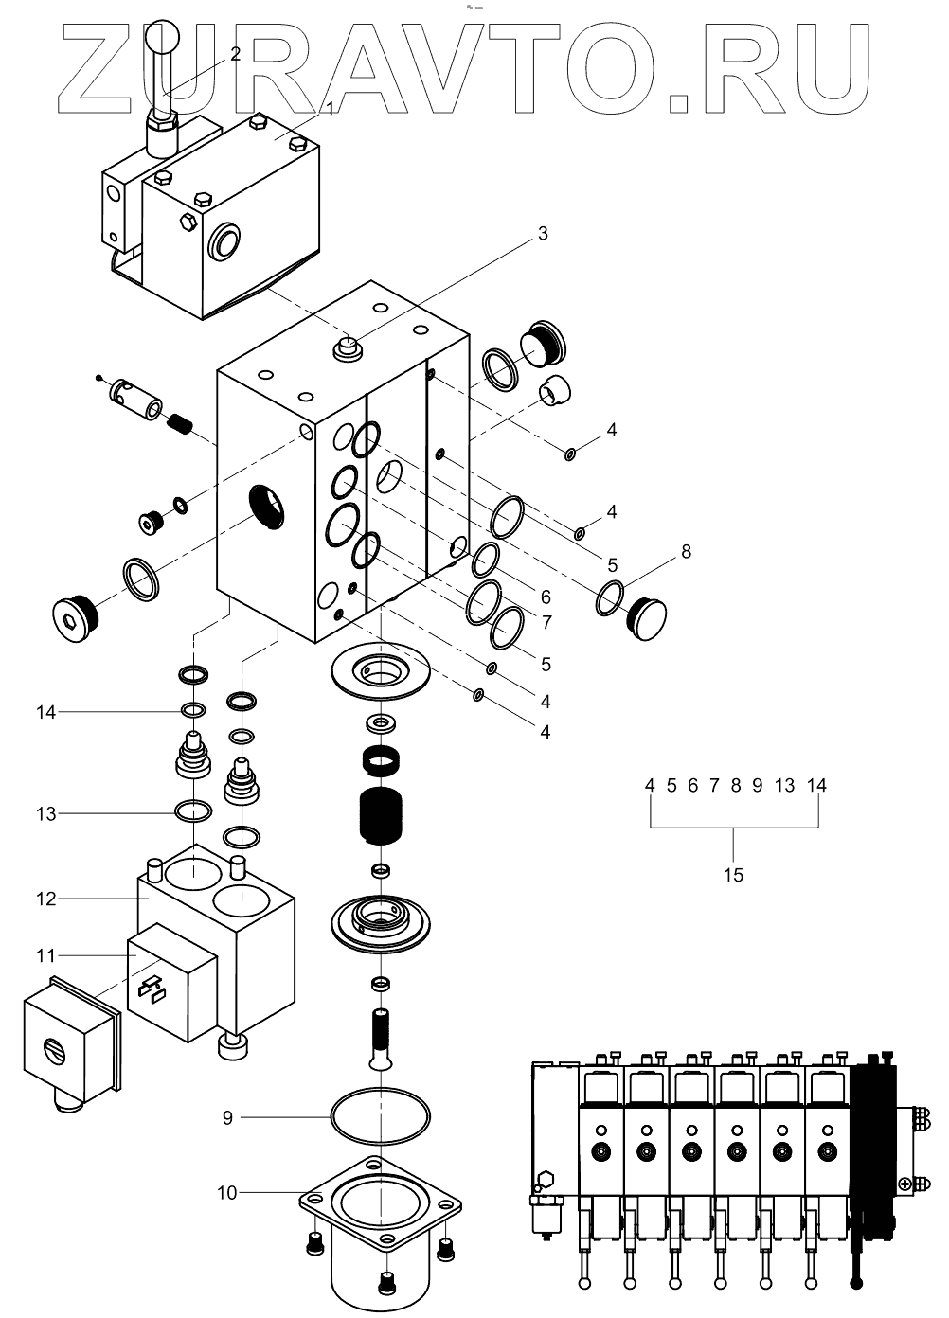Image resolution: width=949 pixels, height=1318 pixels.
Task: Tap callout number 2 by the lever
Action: pyautogui.click(x=235, y=53)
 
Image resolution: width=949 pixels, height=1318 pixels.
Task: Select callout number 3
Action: pyautogui.click(x=542, y=234)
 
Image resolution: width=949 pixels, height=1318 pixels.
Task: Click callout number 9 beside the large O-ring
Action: pyautogui.click(x=227, y=1117)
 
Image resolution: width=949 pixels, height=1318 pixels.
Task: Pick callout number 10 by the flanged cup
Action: pyautogui.click(x=227, y=1193)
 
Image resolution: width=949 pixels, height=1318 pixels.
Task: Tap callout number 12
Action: pyautogui.click(x=47, y=898)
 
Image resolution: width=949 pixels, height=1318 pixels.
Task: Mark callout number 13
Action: pyautogui.click(x=47, y=813)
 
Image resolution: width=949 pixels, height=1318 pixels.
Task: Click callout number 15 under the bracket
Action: pyautogui.click(x=734, y=875)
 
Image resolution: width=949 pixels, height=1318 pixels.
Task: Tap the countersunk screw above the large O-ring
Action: pyautogui.click(x=380, y=1038)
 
